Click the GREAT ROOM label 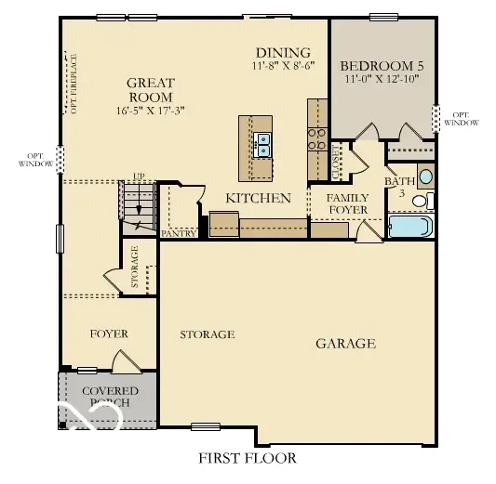(x=150, y=89)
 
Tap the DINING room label (x=278, y=53)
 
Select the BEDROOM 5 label (x=382, y=66)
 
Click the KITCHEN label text (x=259, y=198)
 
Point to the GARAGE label (x=345, y=343)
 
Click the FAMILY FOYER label (x=346, y=203)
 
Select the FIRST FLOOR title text (x=247, y=458)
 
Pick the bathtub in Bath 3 (x=409, y=227)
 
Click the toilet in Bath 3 (x=421, y=200)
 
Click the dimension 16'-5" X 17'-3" (x=150, y=110)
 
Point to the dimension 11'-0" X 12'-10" (x=382, y=80)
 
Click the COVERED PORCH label (x=110, y=397)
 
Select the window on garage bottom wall (x=208, y=427)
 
